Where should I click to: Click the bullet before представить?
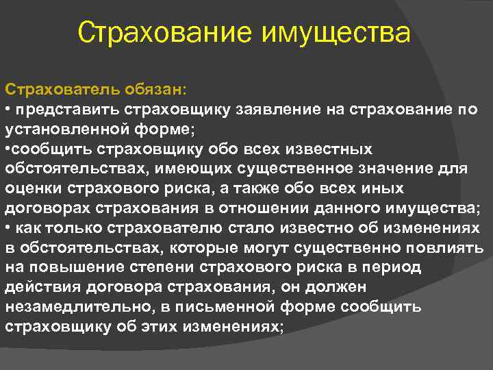click(8, 110)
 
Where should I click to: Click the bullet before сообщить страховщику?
click(8, 149)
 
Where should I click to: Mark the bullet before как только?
click(8, 227)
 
